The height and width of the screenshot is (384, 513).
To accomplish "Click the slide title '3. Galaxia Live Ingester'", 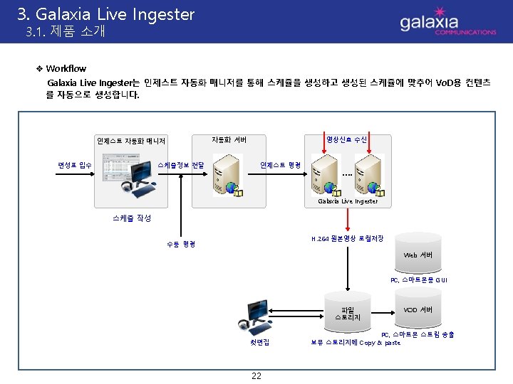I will [x=105, y=14].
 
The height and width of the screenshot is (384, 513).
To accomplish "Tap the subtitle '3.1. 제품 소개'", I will [x=65, y=31].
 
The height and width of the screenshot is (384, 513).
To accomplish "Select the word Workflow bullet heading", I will [x=66, y=68].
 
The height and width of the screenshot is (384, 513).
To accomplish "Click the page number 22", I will [x=256, y=375].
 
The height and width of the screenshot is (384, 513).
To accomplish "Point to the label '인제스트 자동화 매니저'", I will [x=131, y=141].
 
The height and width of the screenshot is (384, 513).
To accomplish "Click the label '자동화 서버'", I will [x=229, y=139].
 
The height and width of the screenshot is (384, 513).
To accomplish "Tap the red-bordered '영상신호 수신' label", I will [x=346, y=139].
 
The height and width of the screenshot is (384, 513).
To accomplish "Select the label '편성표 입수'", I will [x=74, y=165].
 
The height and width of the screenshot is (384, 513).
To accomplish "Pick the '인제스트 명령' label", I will [x=280, y=165].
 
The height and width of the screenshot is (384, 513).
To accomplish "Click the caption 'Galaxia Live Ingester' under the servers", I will [x=348, y=202].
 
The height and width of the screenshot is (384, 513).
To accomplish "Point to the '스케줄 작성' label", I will [x=126, y=218].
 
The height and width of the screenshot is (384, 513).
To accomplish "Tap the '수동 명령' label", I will [x=181, y=244].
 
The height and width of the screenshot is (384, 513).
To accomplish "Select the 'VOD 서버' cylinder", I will [x=418, y=310].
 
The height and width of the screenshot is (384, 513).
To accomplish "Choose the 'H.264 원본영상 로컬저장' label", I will [x=348, y=238].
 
